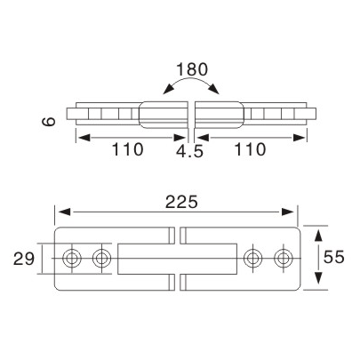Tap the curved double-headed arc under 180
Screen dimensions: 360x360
click(x=189, y=86)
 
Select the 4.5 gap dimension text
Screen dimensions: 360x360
click(x=189, y=152)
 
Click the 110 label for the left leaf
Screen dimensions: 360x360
click(x=129, y=150)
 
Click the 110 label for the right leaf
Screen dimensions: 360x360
click(x=250, y=150)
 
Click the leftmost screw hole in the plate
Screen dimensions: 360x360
click(x=73, y=259)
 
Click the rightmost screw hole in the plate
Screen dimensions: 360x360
click(x=283, y=259)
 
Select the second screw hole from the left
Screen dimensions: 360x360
click(x=102, y=259)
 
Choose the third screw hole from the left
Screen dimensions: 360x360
click(x=253, y=259)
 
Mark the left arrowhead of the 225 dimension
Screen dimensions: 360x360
click(x=61, y=212)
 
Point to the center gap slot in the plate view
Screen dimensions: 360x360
click(x=179, y=259)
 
